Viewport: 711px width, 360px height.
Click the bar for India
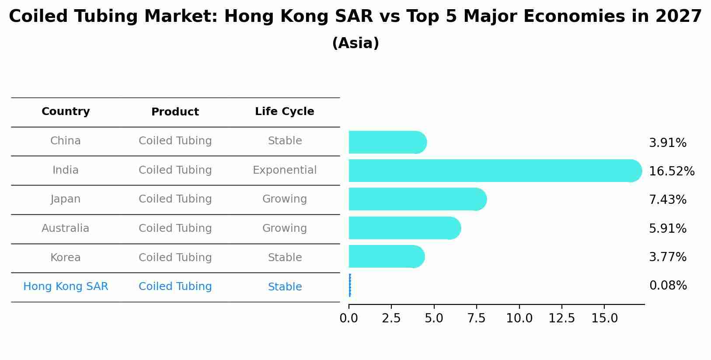coord(494,171)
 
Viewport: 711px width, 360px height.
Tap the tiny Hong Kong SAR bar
coord(350,286)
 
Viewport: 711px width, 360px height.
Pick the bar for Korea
coord(386,257)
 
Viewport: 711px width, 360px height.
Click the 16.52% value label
coord(671,171)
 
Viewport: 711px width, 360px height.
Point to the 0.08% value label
coord(668,286)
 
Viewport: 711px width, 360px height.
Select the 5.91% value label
coord(667,228)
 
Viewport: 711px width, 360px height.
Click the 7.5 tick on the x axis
coord(476,318)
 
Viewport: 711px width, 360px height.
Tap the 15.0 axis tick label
coord(604,318)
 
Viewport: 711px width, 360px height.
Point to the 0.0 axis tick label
coord(349,318)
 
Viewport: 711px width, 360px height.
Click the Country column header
coord(66,112)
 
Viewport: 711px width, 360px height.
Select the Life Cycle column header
coord(284,112)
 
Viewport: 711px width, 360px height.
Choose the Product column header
coord(175,112)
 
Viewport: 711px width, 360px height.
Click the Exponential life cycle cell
coord(284,170)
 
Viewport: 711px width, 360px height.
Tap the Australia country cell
coord(65,228)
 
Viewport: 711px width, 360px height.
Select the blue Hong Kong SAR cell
coord(66,287)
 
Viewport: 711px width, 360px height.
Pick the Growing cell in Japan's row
coord(284,199)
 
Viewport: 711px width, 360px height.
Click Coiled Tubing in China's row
coord(175,141)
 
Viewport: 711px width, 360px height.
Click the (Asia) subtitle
coord(355,43)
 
